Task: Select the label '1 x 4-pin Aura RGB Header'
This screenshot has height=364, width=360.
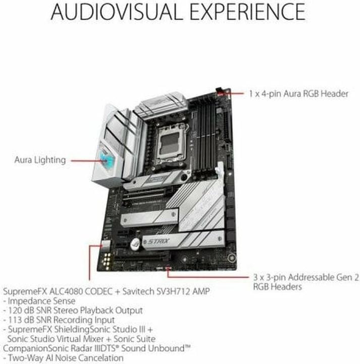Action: pos(295,93)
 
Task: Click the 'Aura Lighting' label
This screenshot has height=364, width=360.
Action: pos(40,160)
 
